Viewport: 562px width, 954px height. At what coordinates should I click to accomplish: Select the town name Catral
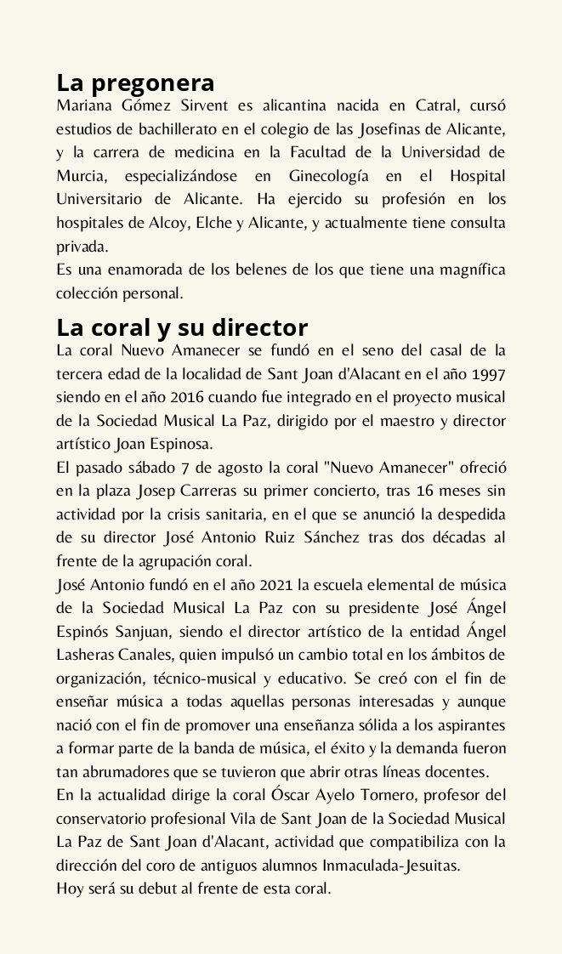[x=437, y=106]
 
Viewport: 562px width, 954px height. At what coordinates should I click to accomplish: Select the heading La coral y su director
[x=182, y=327]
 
